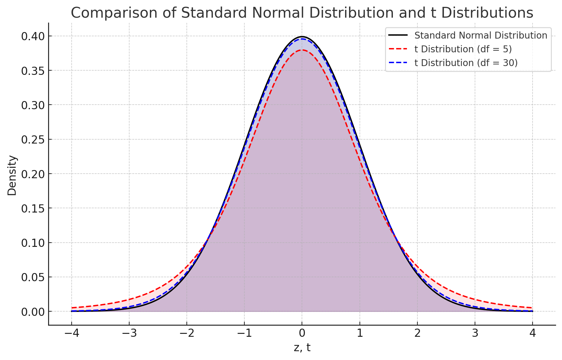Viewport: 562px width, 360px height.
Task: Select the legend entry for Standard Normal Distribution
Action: pyautogui.click(x=481, y=35)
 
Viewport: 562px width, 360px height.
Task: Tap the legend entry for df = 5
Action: pyautogui.click(x=463, y=49)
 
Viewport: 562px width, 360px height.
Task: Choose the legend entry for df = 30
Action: pyautogui.click(x=466, y=63)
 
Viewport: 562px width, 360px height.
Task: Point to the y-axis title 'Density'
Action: pyautogui.click(x=12, y=176)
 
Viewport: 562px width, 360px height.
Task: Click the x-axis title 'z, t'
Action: pyautogui.click(x=302, y=348)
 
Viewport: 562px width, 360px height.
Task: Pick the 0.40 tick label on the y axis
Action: pyautogui.click(x=33, y=36)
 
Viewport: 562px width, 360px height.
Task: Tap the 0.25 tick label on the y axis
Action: pyautogui.click(x=33, y=140)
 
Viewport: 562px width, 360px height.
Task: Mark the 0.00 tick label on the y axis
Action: pyautogui.click(x=33, y=312)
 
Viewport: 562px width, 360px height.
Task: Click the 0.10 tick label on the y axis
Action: pyautogui.click(x=33, y=243)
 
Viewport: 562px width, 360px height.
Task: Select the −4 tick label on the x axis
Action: pyautogui.click(x=71, y=334)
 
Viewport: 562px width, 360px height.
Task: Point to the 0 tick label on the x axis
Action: pyautogui.click(x=302, y=334)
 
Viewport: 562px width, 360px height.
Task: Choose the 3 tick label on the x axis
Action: pyautogui.click(x=475, y=334)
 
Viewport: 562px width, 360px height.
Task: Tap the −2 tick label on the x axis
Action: pyautogui.click(x=186, y=334)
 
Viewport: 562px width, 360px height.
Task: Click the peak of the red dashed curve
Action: pyautogui.click(x=302, y=50)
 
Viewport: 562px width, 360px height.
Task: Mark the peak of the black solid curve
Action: pyautogui.click(x=302, y=37)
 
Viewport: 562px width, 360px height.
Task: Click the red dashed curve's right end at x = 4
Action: pyautogui.click(x=533, y=308)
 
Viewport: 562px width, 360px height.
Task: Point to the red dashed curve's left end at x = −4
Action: pyautogui.click(x=72, y=308)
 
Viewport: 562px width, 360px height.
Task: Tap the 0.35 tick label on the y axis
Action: pyautogui.click(x=33, y=71)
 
